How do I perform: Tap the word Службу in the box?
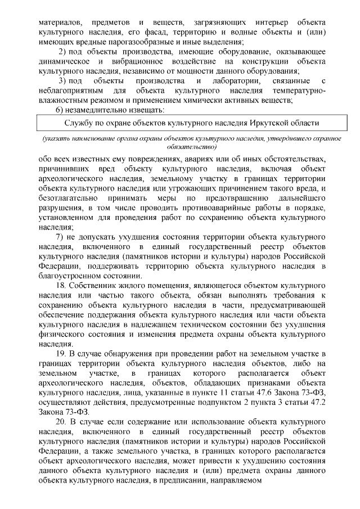click(78, 122)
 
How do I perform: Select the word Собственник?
click(95, 286)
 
